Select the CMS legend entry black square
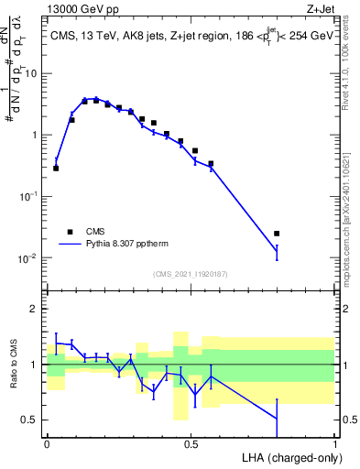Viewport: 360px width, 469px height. pyautogui.click(x=70, y=231)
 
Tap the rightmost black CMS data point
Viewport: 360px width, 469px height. pyautogui.click(x=277, y=234)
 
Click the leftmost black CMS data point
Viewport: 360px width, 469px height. pyautogui.click(x=56, y=169)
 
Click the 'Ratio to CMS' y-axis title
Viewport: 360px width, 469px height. pyautogui.click(x=13, y=364)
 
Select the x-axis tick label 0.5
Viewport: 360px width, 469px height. pyautogui.click(x=191, y=442)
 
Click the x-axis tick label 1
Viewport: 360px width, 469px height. pyautogui.click(x=334, y=442)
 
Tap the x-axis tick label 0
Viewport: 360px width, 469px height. pyautogui.click(x=47, y=442)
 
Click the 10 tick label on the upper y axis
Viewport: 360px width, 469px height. pyautogui.click(x=30, y=72)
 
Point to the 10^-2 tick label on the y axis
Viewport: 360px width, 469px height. pyautogui.click(x=27, y=258)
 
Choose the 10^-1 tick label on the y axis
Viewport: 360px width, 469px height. pyautogui.click(x=27, y=196)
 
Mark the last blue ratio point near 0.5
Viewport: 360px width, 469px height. pyautogui.click(x=277, y=419)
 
